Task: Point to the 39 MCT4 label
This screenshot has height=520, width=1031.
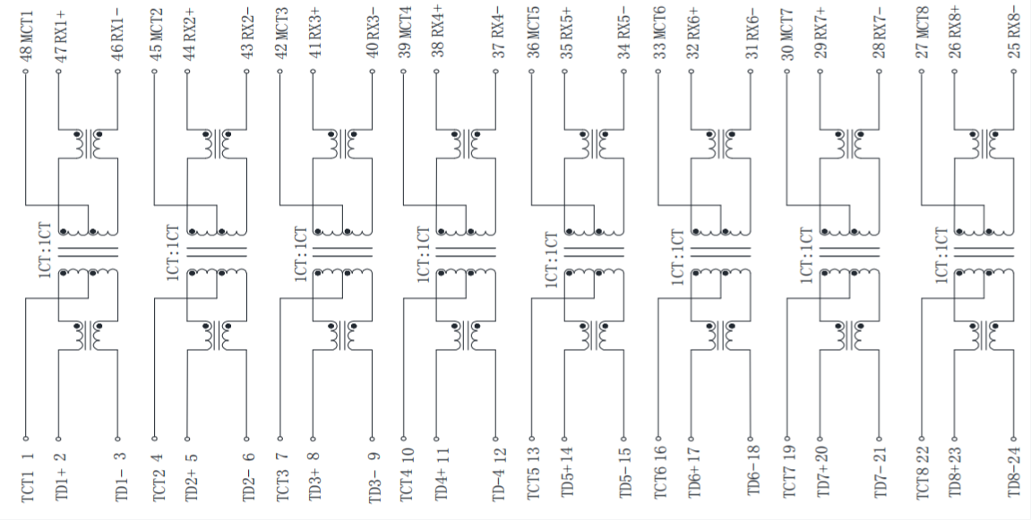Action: click(x=405, y=32)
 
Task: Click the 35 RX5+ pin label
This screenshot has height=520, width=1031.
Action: click(x=566, y=33)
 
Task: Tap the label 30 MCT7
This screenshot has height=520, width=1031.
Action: click(x=787, y=34)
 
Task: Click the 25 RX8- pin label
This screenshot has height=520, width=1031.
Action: click(x=1015, y=32)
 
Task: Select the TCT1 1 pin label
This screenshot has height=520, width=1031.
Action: click(x=27, y=478)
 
